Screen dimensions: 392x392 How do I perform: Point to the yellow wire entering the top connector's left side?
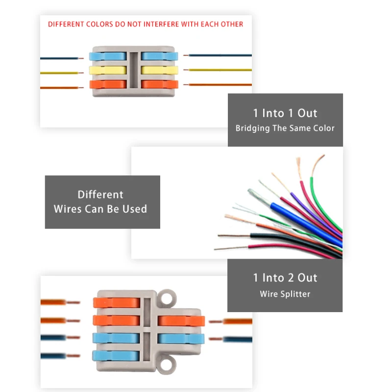[59, 73]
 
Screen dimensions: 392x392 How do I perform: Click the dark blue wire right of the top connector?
[220, 55]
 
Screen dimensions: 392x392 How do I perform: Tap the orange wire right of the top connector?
[220, 85]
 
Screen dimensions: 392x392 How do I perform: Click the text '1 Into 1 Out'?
[285, 113]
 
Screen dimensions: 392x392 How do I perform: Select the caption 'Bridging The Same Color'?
[285, 128]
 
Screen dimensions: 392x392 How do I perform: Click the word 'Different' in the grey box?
[100, 195]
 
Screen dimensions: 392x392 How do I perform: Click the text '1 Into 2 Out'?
[285, 278]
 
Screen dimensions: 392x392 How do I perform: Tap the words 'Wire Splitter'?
[285, 294]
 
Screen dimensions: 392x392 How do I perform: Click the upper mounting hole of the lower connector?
[168, 297]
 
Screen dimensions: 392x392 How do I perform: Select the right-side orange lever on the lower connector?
[181, 321]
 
